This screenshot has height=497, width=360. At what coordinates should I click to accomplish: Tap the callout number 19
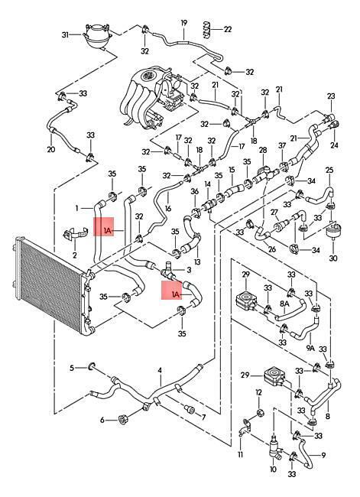click(x=184, y=23)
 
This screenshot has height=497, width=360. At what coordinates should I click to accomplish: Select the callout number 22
click(x=228, y=30)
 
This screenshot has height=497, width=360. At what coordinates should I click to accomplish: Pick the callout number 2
click(x=75, y=255)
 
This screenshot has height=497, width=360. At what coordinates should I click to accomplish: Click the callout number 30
click(x=333, y=258)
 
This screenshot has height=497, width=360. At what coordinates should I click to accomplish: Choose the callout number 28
click(x=263, y=150)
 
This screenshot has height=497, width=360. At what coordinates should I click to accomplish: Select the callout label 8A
click(x=284, y=304)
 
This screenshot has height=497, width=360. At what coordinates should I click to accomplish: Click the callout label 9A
click(x=310, y=348)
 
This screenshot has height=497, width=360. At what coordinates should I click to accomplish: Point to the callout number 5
click(x=72, y=368)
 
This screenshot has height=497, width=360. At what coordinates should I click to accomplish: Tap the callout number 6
click(x=102, y=421)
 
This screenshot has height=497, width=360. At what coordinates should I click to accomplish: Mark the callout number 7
click(x=203, y=417)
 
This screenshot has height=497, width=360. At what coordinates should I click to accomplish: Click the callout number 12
click(x=259, y=392)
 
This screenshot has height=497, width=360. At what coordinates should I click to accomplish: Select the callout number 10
click(x=273, y=469)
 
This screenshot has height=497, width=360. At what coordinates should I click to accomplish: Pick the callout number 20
click(x=51, y=149)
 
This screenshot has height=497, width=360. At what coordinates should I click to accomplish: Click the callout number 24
click(x=334, y=145)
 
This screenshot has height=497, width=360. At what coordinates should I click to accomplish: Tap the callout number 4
click(x=160, y=370)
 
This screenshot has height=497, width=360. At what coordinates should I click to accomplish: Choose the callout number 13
click(x=197, y=261)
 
